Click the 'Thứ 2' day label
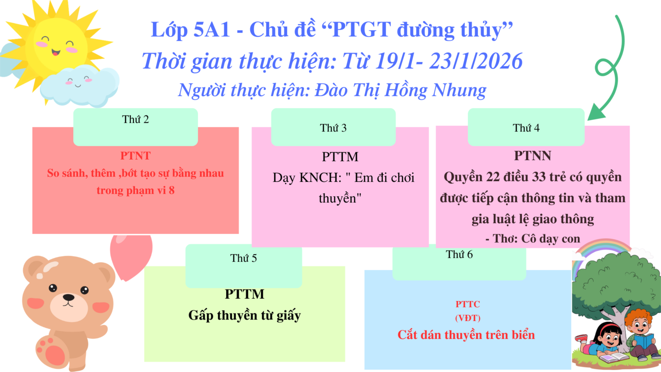coord(135,119)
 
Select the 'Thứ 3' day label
coord(333,128)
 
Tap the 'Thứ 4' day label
coord(526,128)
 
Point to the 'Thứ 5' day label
coord(244,258)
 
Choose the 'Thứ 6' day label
coord(459,254)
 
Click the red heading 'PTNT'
coord(135,155)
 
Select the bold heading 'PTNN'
coord(533,155)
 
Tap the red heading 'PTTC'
coord(468,304)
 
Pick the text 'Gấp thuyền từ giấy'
coord(244,315)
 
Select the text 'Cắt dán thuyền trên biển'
coord(466,335)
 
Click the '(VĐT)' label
coord(468,318)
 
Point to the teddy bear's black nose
coord(68,297)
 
